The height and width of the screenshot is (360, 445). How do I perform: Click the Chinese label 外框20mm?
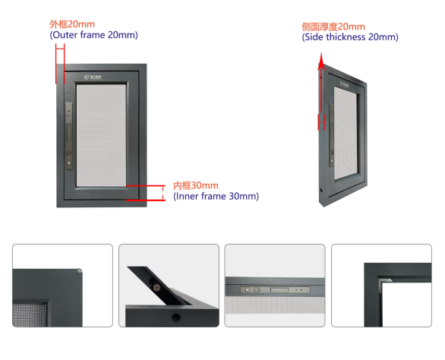72,24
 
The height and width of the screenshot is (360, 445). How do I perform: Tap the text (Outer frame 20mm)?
93,35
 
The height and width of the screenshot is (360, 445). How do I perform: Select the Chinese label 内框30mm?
195,185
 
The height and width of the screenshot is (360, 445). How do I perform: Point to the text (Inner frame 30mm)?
216,196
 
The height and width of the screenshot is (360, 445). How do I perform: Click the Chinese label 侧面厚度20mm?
333,27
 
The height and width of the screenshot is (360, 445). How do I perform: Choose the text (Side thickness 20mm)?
350,37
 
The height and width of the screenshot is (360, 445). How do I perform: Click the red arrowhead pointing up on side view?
321,61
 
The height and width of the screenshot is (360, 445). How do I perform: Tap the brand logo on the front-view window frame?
93,77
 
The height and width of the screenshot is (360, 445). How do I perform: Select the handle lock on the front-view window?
68,136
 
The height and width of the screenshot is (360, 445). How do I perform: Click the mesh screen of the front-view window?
101,135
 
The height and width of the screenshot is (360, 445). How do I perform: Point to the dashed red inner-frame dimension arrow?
163,193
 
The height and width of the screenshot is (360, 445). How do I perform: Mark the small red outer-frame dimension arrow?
60,49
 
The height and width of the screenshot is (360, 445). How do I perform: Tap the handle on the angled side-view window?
331,135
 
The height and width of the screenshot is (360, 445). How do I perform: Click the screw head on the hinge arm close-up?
156,288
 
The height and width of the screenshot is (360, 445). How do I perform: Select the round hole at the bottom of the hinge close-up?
176,317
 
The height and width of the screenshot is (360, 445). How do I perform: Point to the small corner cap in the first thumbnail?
79,271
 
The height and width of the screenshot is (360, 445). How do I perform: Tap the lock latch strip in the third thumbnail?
275,290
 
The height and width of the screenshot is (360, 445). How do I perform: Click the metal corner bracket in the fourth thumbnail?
384,283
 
